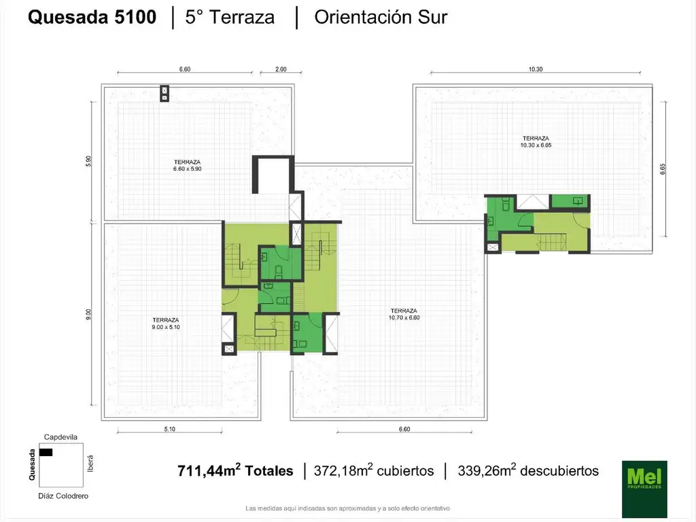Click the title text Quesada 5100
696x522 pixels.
[x=92, y=17]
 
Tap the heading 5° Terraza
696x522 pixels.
[x=230, y=17]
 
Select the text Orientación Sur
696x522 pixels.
[x=381, y=17]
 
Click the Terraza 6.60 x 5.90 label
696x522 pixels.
[x=188, y=166]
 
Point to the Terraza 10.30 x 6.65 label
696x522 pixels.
[x=536, y=141]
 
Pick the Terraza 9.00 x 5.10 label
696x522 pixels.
[x=166, y=324]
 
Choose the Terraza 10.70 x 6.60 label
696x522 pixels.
[x=404, y=314]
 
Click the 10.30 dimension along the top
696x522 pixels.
[x=536, y=69]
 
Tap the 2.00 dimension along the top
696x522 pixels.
[x=281, y=69]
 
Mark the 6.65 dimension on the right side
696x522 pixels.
[x=663, y=169]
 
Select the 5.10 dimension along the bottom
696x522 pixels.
[x=169, y=430]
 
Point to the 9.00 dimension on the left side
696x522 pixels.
[x=88, y=314]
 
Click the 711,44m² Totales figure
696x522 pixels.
[x=235, y=470]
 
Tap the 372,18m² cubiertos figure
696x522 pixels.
[x=374, y=470]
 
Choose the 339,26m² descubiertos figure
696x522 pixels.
[x=528, y=470]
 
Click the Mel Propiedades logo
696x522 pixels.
[x=644, y=489]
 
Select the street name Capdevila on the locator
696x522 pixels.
[x=60, y=437]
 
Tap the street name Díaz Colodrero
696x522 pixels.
[x=63, y=495]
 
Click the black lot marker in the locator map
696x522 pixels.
[x=46, y=452]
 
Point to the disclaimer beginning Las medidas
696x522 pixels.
[x=347, y=508]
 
